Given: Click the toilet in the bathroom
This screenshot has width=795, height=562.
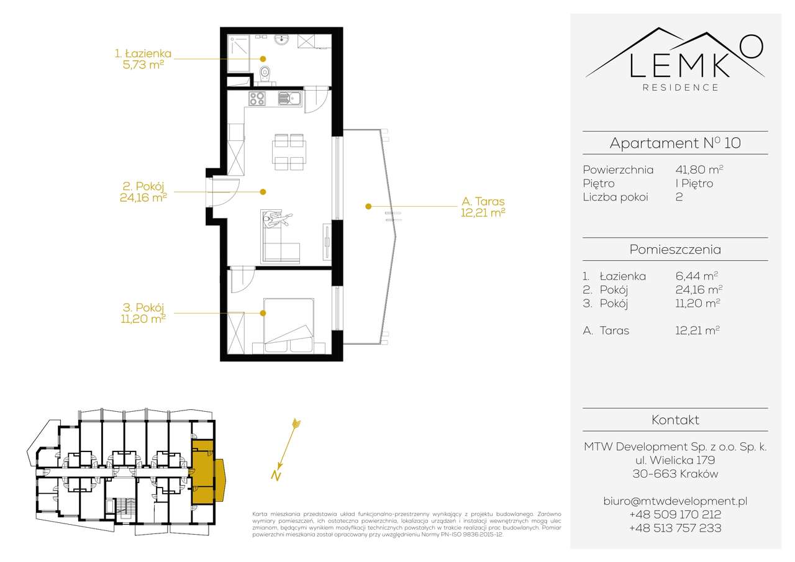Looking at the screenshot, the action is pyautogui.click(x=265, y=75).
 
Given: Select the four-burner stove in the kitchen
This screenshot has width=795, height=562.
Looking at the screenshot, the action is pyautogui.click(x=257, y=98).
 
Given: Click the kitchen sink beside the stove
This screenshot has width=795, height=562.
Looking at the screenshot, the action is pyautogui.click(x=289, y=98).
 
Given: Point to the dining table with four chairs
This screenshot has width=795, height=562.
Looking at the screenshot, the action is pyautogui.click(x=289, y=152).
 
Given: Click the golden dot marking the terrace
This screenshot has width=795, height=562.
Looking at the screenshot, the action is pyautogui.click(x=368, y=206).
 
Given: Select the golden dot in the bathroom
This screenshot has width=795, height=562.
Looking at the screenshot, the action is pyautogui.click(x=263, y=59).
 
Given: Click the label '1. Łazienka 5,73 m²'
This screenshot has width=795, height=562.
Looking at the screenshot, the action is pyautogui.click(x=143, y=59).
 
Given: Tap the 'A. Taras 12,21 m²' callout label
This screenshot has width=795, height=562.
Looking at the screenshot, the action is pyautogui.click(x=483, y=207).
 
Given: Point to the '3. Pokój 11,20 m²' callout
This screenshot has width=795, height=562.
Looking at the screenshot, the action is pyautogui.click(x=143, y=313).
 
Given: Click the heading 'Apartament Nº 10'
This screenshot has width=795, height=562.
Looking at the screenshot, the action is pyautogui.click(x=675, y=143).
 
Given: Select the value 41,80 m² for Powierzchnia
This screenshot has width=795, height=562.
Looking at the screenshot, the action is pyautogui.click(x=699, y=170).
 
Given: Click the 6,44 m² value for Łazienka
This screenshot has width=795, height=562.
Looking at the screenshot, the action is pyautogui.click(x=696, y=276).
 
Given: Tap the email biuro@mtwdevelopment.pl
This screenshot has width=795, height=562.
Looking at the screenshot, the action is pyautogui.click(x=675, y=501).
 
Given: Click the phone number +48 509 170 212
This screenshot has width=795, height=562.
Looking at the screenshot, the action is pyautogui.click(x=675, y=514).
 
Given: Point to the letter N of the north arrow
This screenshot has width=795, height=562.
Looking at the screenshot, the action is pyautogui.click(x=276, y=476).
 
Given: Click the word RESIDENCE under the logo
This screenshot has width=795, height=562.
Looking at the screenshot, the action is pyautogui.click(x=680, y=88).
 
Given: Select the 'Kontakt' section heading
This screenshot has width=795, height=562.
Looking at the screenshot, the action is pyautogui.click(x=675, y=420).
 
